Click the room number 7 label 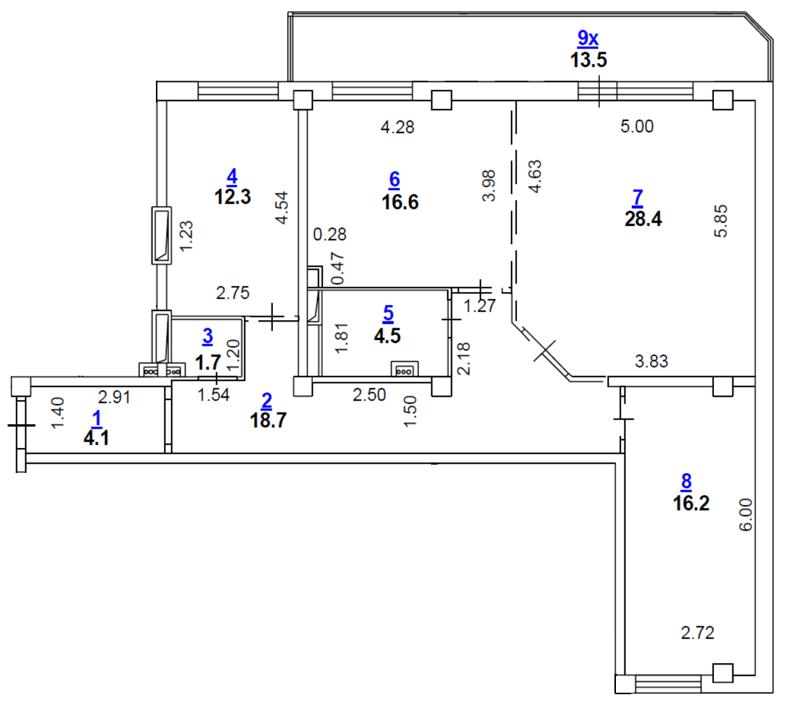pyautogui.click(x=637, y=197)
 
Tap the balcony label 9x pyautogui.click(x=589, y=37)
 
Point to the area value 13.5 pyautogui.click(x=589, y=60)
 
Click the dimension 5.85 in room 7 pyautogui.click(x=721, y=221)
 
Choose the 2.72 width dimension pyautogui.click(x=697, y=632)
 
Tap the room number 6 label pyautogui.click(x=394, y=179)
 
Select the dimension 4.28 pyautogui.click(x=397, y=128)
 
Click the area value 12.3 pyautogui.click(x=232, y=197)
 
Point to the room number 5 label pyautogui.click(x=389, y=312)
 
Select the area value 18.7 pyautogui.click(x=267, y=420)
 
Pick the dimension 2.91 pyautogui.click(x=117, y=395)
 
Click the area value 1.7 pyautogui.click(x=208, y=363)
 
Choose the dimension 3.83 pyautogui.click(x=652, y=362)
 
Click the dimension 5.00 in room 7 pyautogui.click(x=636, y=127)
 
